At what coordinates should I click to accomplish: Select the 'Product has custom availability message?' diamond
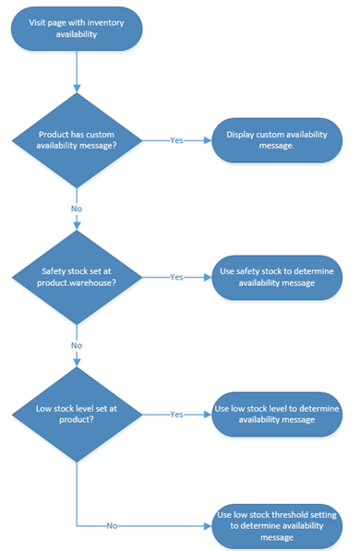(78, 140)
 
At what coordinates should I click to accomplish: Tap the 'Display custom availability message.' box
(278, 140)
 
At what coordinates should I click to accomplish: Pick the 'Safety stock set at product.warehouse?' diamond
(78, 276)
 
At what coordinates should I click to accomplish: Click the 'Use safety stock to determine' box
(278, 276)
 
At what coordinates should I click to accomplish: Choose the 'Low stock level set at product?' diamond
(78, 413)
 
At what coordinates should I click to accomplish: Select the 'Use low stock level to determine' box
(278, 413)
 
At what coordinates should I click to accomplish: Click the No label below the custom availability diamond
(78, 209)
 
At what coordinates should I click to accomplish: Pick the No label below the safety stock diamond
(78, 344)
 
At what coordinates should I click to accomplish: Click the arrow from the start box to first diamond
(78, 74)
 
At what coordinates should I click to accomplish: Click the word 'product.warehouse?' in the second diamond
(78, 282)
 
